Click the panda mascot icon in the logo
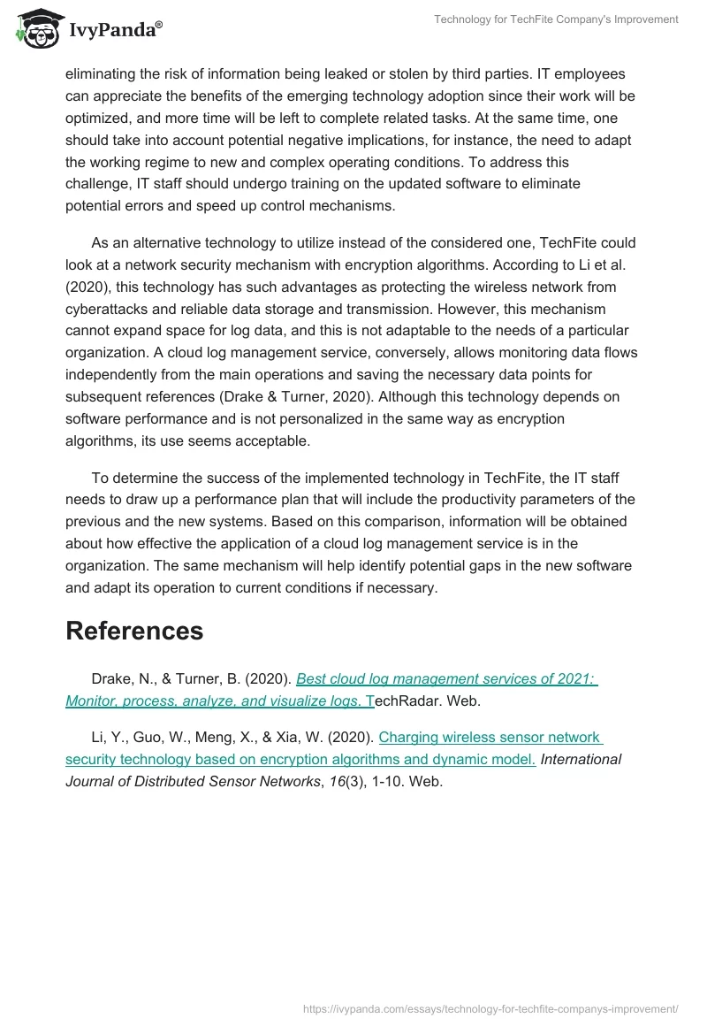point(36,29)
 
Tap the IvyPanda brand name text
point(113,30)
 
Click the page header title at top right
point(556,19)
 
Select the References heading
point(134,631)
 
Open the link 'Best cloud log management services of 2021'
point(446,678)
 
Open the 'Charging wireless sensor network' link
point(490,737)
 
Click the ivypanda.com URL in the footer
point(490,1007)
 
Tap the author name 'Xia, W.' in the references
point(351,737)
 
